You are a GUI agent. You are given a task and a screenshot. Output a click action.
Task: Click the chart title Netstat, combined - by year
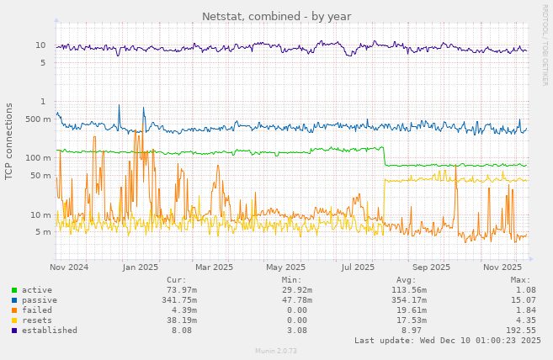(x=276, y=17)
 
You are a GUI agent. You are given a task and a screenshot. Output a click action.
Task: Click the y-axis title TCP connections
(x=9, y=141)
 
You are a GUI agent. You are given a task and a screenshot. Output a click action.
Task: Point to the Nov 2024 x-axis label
(x=69, y=267)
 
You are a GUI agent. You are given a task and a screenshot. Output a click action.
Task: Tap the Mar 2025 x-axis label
(x=214, y=267)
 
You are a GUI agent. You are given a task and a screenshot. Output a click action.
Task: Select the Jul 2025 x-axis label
(x=358, y=267)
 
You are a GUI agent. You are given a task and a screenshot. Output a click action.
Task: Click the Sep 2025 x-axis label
(x=432, y=267)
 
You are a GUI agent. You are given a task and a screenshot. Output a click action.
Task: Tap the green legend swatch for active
(x=14, y=290)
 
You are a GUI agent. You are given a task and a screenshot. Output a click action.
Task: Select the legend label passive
(x=40, y=300)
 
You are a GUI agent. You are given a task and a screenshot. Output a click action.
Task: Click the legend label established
(x=50, y=331)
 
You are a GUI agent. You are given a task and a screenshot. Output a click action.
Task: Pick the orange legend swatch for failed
(x=14, y=310)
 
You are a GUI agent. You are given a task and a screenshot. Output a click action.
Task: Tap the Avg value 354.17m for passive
(x=409, y=300)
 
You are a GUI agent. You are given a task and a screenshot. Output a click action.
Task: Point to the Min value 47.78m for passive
(x=295, y=300)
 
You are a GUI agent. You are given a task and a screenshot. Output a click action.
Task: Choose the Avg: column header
(x=406, y=280)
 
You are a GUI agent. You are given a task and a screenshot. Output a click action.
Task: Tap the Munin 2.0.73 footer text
(x=276, y=351)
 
